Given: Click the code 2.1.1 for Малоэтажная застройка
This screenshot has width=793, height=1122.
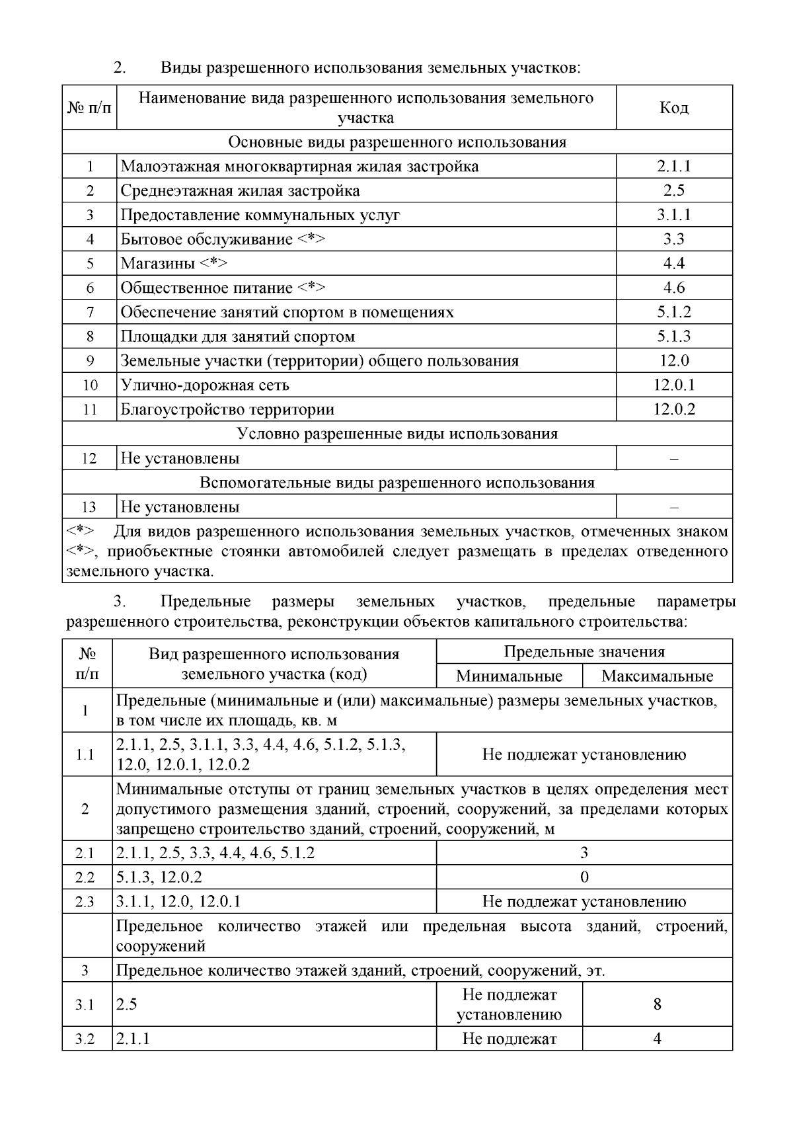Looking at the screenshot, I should tap(673, 167).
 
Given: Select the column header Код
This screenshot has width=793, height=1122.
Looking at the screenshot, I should tap(673, 108).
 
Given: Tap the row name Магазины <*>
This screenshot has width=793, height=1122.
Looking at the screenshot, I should tap(174, 264).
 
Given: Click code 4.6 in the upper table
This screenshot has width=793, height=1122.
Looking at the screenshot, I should tap(673, 288).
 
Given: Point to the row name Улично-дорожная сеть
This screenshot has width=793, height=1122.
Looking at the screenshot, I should tap(205, 385).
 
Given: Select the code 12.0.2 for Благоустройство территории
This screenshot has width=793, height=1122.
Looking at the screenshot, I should tap(673, 410).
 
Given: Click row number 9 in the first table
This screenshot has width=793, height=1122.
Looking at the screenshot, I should tap(90, 361).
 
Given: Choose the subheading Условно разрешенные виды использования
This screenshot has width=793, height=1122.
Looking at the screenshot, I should tap(397, 434).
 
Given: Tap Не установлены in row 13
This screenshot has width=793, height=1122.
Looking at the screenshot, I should tap(180, 508).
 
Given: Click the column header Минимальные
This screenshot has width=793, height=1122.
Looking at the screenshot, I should tap(509, 676).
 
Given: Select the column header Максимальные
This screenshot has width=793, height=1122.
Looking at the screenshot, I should tap(657, 676).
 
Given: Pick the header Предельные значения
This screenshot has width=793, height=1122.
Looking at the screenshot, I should tap(584, 652).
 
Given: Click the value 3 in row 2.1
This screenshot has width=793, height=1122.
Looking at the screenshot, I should tap(584, 853).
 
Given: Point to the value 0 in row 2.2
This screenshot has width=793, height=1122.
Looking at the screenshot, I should tap(584, 877).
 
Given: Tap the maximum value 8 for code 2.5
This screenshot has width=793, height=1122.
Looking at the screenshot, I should tap(657, 1005).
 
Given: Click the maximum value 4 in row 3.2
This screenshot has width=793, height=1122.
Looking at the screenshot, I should tap(657, 1039).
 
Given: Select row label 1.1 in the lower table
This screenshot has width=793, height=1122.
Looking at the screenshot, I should tap(86, 754).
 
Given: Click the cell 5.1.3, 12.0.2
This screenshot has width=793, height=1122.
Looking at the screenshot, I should tap(159, 877).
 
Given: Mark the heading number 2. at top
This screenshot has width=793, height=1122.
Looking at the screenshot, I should tap(120, 67).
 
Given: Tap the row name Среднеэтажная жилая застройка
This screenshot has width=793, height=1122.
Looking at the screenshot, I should tap(240, 191).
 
